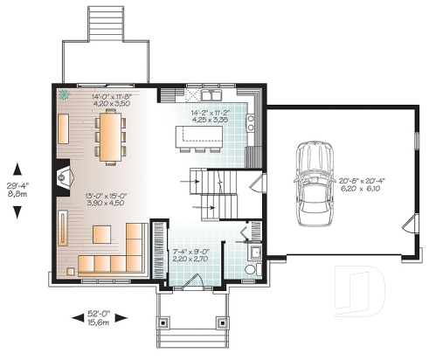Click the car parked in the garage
coord(310,183)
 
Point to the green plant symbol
coord(63,97)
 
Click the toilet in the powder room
coord(251,268)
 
